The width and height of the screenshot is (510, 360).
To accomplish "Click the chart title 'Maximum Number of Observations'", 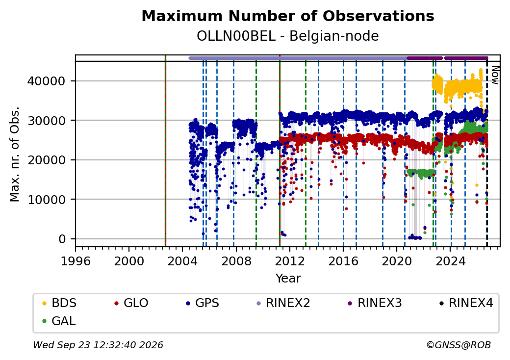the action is pyautogui.click(x=288, y=16).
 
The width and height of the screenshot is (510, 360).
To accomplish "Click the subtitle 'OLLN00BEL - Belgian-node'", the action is pyautogui.click(x=288, y=36).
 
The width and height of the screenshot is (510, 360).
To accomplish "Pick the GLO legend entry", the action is pyautogui.click(x=131, y=303).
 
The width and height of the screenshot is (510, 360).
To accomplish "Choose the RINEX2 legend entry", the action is pyautogui.click(x=283, y=303).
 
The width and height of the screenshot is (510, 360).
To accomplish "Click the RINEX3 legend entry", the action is pyautogui.click(x=375, y=303).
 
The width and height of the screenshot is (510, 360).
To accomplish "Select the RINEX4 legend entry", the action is pyautogui.click(x=466, y=303).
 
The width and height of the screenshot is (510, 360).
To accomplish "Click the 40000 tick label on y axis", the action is pyautogui.click(x=47, y=81).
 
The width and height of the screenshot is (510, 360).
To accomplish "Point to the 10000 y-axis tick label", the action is pyautogui.click(x=47, y=200).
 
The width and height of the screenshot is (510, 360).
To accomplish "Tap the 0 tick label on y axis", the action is pyautogui.click(x=62, y=239).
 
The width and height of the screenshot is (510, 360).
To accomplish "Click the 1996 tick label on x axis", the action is pyautogui.click(x=76, y=261).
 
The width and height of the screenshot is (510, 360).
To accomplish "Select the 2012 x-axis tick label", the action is pyautogui.click(x=289, y=261).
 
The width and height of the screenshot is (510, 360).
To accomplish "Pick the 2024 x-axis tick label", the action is pyautogui.click(x=450, y=261).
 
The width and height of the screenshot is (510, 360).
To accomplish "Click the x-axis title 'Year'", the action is pyautogui.click(x=288, y=279).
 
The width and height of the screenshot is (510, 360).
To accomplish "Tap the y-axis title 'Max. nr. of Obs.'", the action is pyautogui.click(x=15, y=154).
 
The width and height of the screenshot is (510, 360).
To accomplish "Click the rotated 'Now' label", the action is pyautogui.click(x=495, y=75).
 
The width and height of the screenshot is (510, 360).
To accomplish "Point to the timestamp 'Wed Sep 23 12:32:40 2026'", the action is pyautogui.click(x=98, y=345).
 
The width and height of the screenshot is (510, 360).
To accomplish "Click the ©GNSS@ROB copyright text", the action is pyautogui.click(x=459, y=345).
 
